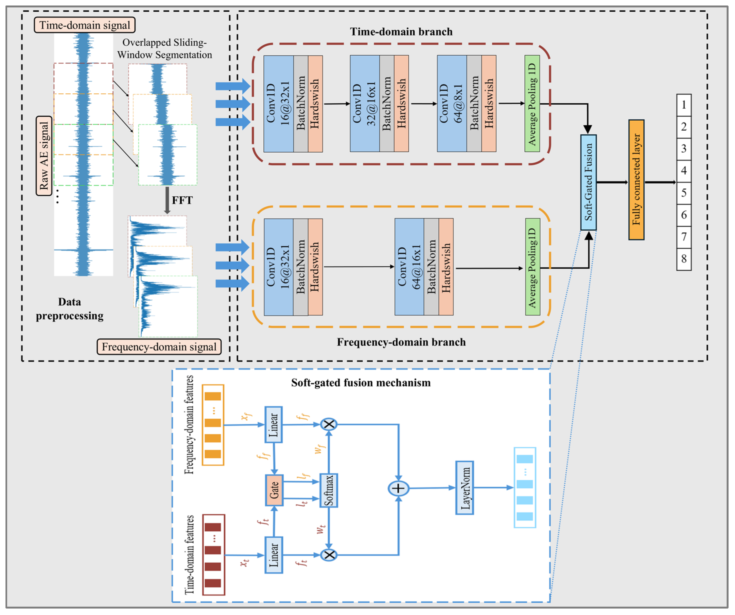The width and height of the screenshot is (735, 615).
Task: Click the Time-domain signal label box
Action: pyautogui.click(x=84, y=25)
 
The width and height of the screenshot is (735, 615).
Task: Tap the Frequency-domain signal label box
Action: pyautogui.click(x=159, y=347)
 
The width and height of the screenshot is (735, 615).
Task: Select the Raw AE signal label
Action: pyautogui.click(x=44, y=155)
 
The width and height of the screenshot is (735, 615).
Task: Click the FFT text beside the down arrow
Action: pyautogui.click(x=182, y=200)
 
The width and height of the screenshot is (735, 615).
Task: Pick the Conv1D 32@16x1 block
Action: pyautogui.click(x=365, y=103)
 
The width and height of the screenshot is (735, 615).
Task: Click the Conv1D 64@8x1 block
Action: pyautogui.click(x=452, y=103)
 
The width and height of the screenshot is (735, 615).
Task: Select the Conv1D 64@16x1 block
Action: pyautogui.click(x=409, y=267)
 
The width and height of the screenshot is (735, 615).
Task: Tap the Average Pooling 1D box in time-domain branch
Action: pyautogui.click(x=532, y=103)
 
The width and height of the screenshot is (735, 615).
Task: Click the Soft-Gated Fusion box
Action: pyautogui.click(x=588, y=182)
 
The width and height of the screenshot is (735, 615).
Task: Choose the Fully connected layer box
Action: pyautogui.click(x=636, y=179)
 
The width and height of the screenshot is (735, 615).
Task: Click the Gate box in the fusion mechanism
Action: pyautogui.click(x=274, y=490)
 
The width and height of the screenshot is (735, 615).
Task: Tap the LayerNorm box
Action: pyautogui.click(x=464, y=487)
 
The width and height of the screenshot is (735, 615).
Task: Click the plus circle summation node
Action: pyautogui.click(x=398, y=488)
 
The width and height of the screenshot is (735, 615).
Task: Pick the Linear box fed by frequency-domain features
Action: pyautogui.click(x=273, y=425)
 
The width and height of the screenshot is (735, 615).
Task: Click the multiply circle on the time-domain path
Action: pyautogui.click(x=329, y=555)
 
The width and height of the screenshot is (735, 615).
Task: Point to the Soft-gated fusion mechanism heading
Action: pyautogui.click(x=361, y=382)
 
